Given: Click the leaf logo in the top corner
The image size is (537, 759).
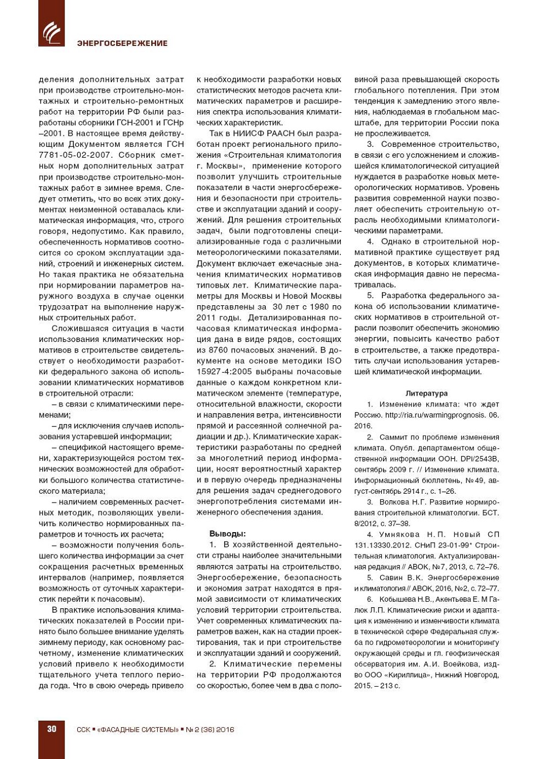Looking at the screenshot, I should click(51, 32).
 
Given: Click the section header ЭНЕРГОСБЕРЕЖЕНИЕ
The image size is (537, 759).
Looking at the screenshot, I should click(122, 43).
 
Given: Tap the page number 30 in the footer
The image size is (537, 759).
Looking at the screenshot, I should click(52, 729).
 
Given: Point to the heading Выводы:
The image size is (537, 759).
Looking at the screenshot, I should click(227, 534).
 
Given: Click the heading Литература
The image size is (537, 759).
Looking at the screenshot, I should click(426, 393).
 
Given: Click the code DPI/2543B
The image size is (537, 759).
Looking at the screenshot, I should click(478, 459).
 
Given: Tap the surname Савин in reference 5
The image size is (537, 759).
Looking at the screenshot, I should click(391, 578).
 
